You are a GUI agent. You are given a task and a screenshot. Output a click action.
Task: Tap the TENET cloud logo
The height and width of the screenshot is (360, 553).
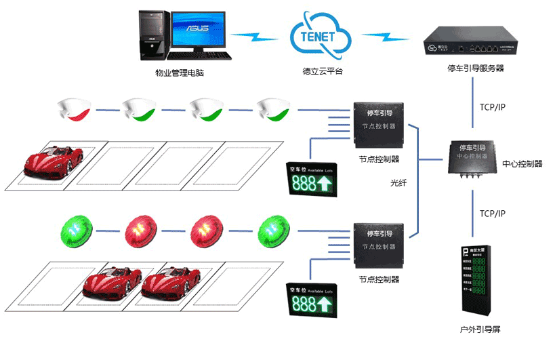(x=316, y=35)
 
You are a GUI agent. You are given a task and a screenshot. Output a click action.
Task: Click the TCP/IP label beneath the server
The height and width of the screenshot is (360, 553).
(x=492, y=107)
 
